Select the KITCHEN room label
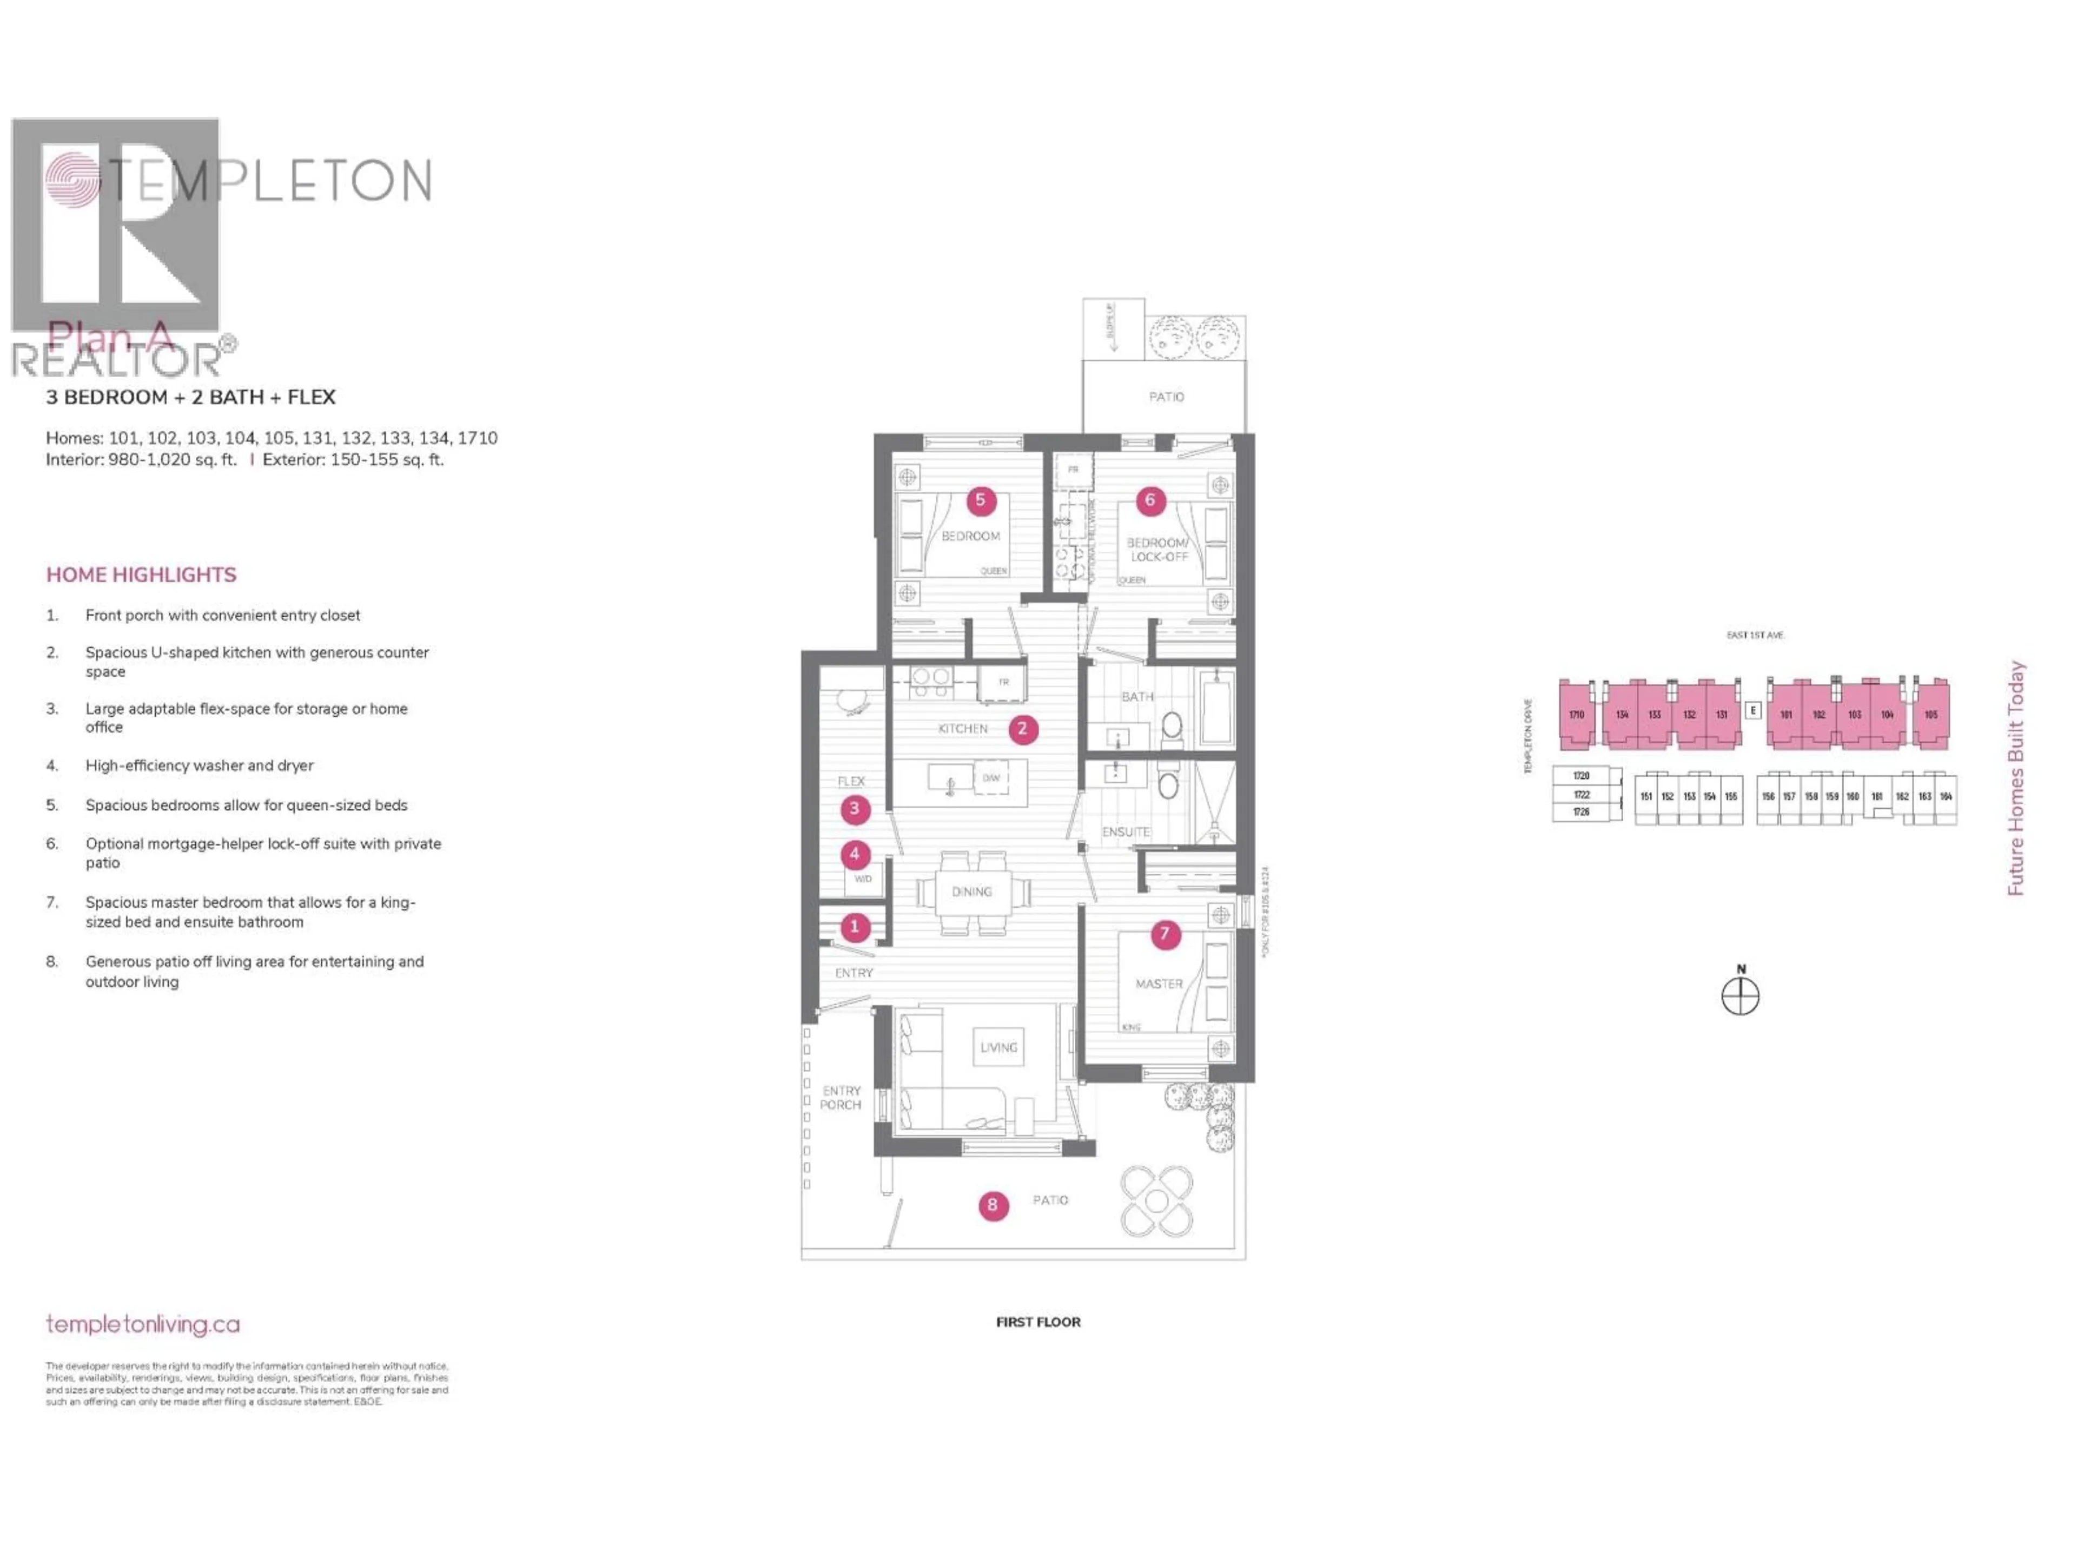[x=962, y=729]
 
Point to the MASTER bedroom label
[x=1159, y=983]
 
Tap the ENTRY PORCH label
[x=841, y=1098]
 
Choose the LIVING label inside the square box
[x=998, y=1047]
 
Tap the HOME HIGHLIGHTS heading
[x=141, y=575]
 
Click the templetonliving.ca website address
[x=143, y=1324]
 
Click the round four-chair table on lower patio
[x=1157, y=1201]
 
